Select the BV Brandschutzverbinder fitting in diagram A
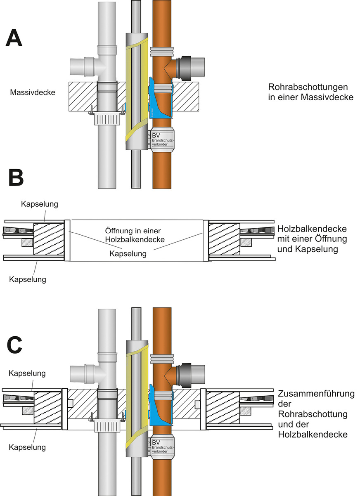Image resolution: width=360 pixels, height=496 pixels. point(162,140)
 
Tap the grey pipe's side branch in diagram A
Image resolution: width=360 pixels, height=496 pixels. point(81,66)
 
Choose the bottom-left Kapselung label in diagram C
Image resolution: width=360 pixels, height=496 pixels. point(27,447)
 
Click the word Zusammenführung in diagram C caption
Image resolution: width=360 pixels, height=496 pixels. point(316,394)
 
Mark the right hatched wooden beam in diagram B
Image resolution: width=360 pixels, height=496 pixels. point(224,239)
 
